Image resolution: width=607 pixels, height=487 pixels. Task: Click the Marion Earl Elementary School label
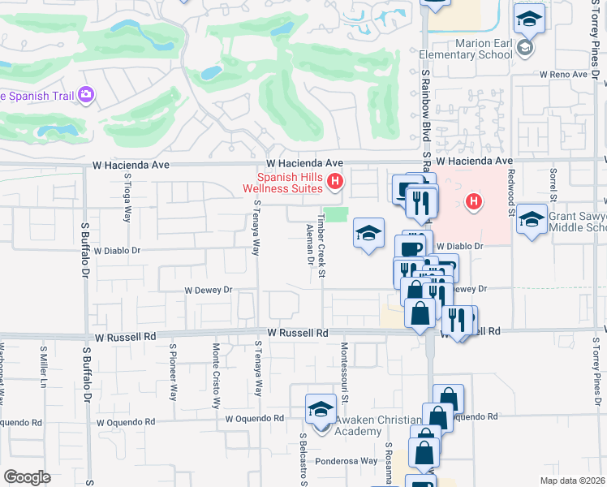pyautogui.click(x=464, y=49)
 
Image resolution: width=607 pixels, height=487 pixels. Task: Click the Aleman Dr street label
pyautogui.click(x=310, y=245)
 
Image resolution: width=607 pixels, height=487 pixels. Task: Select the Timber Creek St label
pyautogui.click(x=321, y=242)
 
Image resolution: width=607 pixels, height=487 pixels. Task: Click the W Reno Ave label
pyautogui.click(x=563, y=75)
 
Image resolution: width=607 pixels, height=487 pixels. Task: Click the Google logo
pyautogui.click(x=27, y=477)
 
